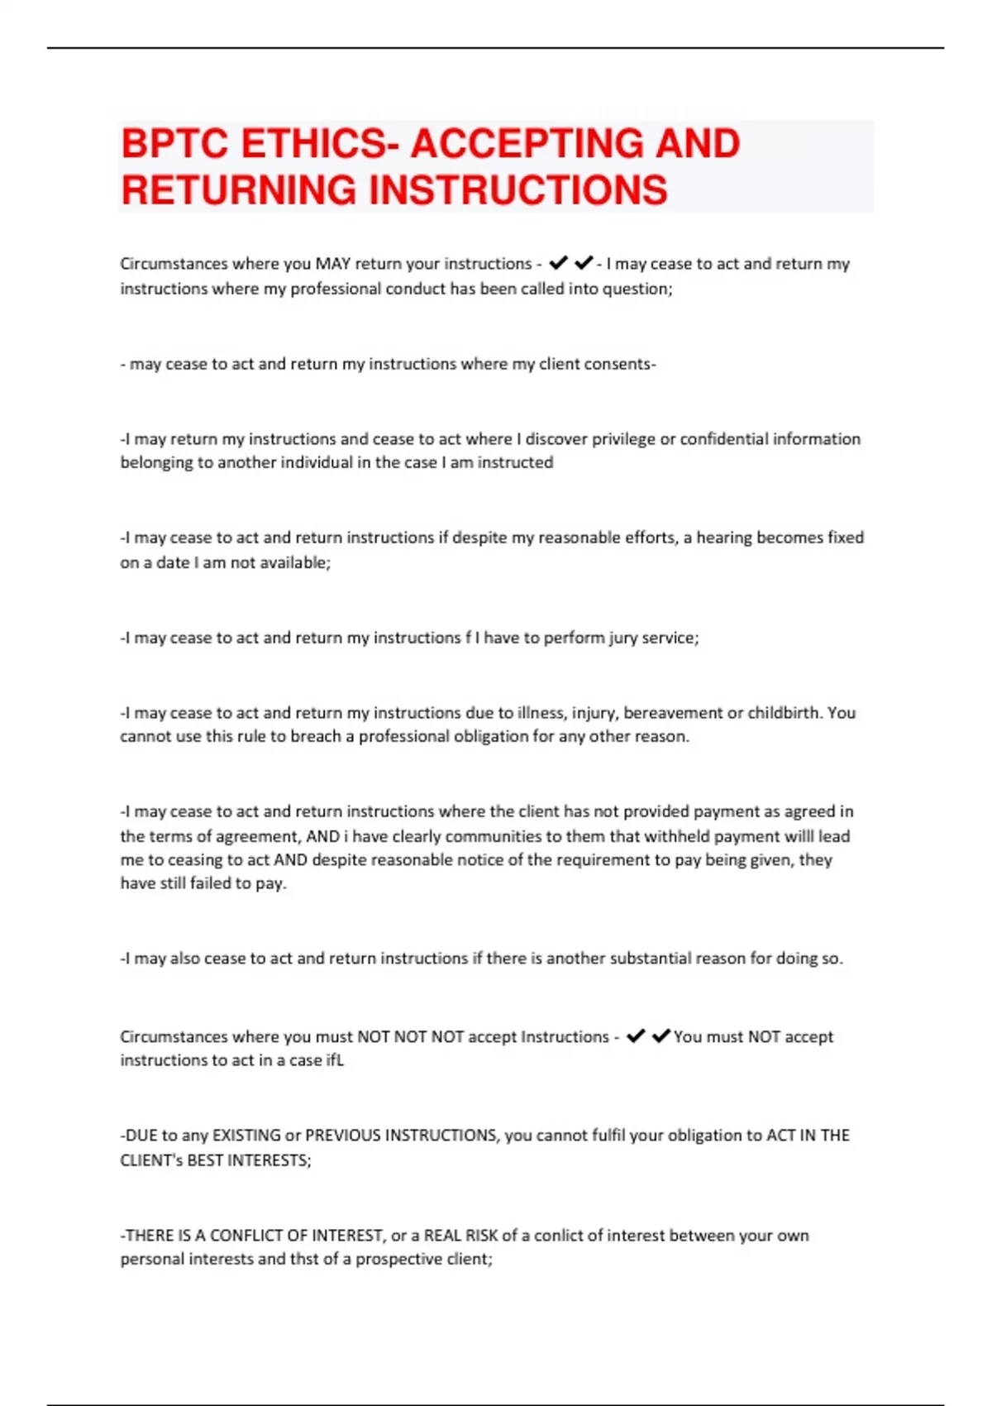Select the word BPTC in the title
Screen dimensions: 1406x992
(174, 144)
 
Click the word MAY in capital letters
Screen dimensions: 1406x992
(332, 264)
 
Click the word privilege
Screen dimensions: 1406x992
(613, 439)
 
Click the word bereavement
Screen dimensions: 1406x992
(671, 712)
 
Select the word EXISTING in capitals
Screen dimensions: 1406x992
(246, 1136)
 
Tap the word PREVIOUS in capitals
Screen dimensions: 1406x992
(343, 1136)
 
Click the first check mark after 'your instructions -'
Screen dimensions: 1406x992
(558, 263)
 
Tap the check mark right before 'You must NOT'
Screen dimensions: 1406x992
(661, 1035)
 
